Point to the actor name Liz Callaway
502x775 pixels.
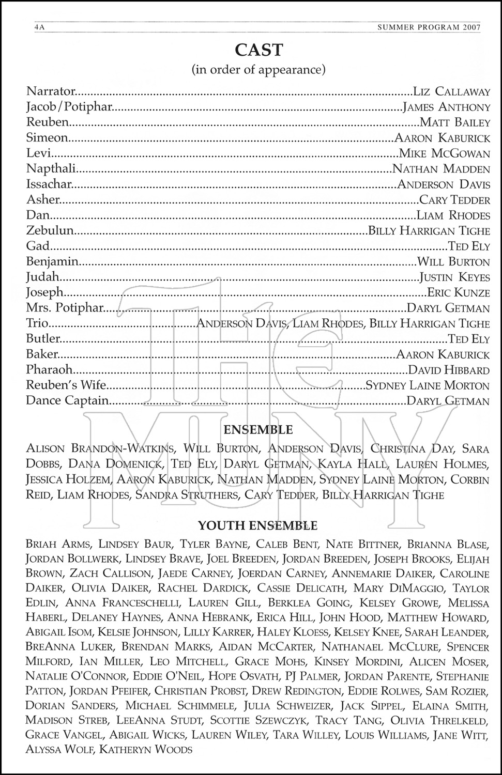451,92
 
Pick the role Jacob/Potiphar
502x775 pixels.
69,107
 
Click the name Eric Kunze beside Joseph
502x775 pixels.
458,293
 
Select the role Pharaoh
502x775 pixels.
49,370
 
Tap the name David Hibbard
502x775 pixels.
448,370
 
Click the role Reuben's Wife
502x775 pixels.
66,385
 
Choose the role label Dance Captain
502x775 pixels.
67,401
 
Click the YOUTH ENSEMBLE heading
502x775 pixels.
257,526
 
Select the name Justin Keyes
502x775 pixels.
454,277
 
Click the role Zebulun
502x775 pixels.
50,231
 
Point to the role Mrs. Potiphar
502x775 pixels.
65,308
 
